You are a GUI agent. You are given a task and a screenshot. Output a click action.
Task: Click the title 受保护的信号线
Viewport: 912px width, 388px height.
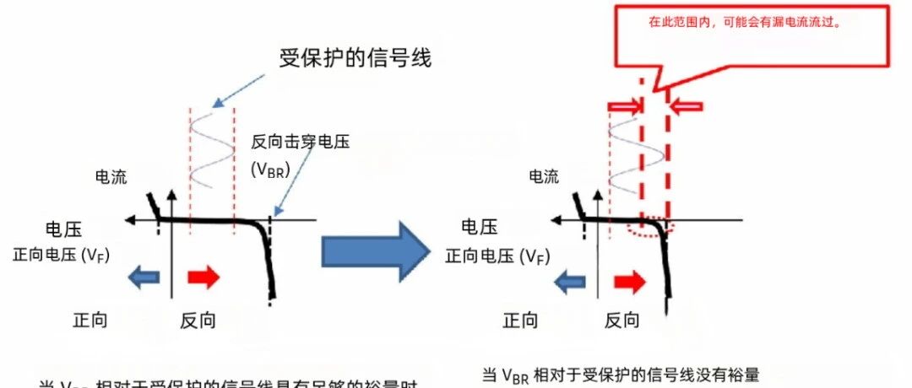click(355, 57)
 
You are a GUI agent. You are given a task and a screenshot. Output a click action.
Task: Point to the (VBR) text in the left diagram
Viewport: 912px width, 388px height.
click(270, 169)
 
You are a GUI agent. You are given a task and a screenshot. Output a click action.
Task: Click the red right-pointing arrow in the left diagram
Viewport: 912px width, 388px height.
click(203, 277)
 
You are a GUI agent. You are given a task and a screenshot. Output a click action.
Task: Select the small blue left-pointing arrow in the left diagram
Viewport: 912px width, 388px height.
click(144, 277)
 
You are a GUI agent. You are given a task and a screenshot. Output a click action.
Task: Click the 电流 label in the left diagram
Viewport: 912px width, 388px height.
click(111, 177)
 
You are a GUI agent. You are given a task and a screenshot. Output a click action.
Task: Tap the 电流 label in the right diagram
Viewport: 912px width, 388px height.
click(543, 176)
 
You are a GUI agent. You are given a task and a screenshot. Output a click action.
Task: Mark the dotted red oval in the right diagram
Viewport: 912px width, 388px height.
click(649, 228)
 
